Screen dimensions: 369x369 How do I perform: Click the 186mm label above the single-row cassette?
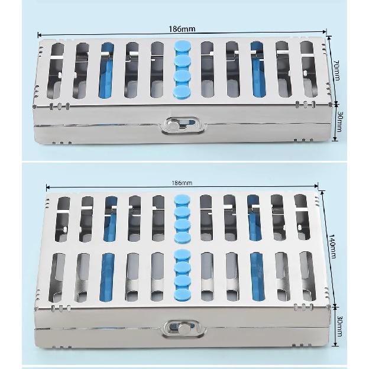pos(182,29)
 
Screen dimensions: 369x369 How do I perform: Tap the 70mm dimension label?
pos(336,70)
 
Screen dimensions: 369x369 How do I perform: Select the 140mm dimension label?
pos(332,247)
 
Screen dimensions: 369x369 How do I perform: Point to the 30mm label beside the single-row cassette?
pos(339,121)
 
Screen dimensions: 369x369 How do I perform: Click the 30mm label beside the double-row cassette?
pos(339,326)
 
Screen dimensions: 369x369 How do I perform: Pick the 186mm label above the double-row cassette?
pos(182,183)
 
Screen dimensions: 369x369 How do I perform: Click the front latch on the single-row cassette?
pos(182,125)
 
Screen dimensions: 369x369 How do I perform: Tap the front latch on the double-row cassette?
pos(184,328)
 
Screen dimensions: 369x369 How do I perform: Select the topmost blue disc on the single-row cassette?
pos(182,46)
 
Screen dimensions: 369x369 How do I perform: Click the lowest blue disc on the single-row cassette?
pos(182,91)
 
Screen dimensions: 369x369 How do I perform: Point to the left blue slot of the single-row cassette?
pos(106,70)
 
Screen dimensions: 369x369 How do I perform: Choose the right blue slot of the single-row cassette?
pos(258,69)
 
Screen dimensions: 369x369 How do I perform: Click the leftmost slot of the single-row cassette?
pos(56,71)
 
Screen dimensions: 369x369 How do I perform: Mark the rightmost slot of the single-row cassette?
pos(309,69)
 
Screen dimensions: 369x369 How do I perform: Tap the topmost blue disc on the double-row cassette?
pos(182,200)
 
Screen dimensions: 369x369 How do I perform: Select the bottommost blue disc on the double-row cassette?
pos(183,294)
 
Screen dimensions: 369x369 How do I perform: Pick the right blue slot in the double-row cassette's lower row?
pos(257,276)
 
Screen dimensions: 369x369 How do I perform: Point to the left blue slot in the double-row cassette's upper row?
pos(111,219)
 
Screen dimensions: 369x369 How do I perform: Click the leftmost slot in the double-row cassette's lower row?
pos(57,278)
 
